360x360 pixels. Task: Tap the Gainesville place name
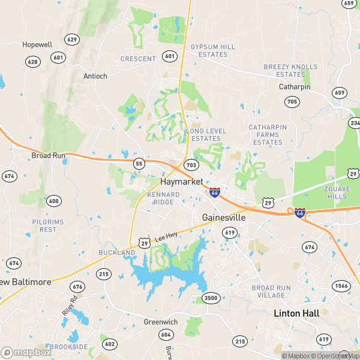click(224, 217)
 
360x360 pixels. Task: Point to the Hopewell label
click(37, 44)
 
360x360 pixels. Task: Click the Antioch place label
click(95, 76)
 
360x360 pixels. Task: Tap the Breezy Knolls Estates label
click(291, 70)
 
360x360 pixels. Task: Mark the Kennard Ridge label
click(163, 199)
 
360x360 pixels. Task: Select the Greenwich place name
click(160, 322)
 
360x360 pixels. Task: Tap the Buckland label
click(116, 253)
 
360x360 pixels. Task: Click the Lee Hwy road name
click(166, 238)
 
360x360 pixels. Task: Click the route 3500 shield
click(211, 298)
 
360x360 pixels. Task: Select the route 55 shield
click(139, 163)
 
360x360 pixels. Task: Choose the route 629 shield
click(73, 40)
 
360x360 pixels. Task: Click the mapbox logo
click(26, 352)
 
